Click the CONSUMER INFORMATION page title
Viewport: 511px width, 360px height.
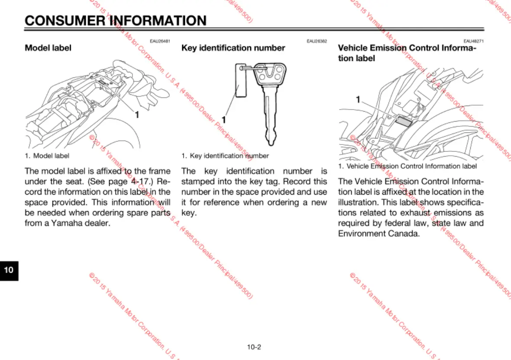click(116, 20)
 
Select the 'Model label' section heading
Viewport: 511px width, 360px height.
click(48, 48)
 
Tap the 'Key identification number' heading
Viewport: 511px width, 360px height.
click(233, 48)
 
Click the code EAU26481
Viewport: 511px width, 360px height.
click(160, 41)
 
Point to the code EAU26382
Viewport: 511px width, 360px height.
click(317, 41)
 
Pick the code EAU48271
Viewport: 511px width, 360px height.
click(473, 41)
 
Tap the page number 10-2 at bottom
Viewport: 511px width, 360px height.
click(254, 347)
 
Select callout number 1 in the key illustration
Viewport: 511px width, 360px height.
click(224, 119)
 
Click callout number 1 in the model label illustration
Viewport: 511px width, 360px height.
click(137, 115)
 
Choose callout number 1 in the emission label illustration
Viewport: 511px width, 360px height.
click(358, 100)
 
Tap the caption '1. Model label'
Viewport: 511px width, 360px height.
click(47, 155)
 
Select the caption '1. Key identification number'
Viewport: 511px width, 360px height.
click(225, 156)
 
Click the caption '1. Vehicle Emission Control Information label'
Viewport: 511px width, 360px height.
click(407, 166)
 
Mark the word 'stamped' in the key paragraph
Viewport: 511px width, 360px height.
click(198, 182)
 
